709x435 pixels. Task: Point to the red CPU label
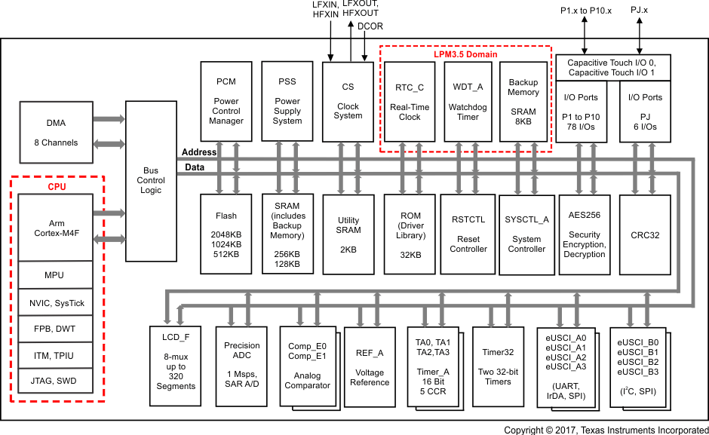click(57, 185)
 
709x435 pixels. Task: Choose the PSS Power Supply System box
click(287, 101)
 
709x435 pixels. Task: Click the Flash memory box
click(226, 234)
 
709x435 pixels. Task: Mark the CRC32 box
click(645, 234)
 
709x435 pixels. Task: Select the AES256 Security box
click(585, 234)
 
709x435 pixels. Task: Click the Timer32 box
click(498, 366)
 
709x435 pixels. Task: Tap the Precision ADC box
click(242, 366)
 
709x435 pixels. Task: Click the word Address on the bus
click(199, 152)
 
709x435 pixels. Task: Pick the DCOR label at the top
click(370, 26)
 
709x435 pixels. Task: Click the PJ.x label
click(640, 9)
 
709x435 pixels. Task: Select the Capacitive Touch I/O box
click(612, 67)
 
